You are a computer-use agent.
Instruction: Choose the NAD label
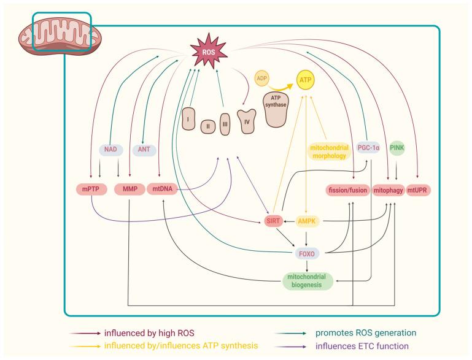click(x=111, y=149)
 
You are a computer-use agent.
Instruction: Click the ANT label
click(x=143, y=149)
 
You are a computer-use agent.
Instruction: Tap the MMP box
click(x=129, y=190)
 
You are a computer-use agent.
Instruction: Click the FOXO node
click(x=306, y=250)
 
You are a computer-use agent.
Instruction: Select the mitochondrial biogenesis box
click(x=307, y=280)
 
